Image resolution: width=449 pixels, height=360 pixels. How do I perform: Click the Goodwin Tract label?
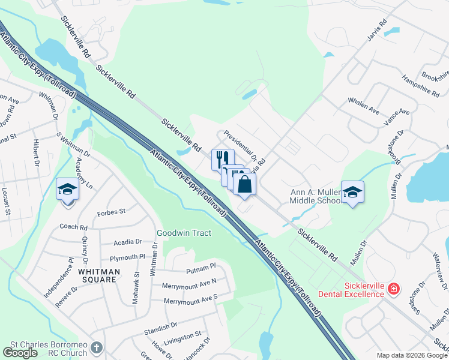pos(184,233)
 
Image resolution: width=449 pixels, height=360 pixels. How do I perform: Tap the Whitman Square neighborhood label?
pos(99,272)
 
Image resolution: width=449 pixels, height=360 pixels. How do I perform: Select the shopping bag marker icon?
pos(245,184)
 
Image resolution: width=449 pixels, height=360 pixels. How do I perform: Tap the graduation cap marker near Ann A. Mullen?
pos(352,192)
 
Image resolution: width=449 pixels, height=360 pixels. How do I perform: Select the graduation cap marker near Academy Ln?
pos(67,190)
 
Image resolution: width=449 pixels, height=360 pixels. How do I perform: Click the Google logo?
pos(20,352)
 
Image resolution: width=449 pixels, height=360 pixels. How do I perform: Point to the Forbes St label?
pos(112,212)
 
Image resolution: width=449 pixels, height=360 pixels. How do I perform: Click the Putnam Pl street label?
pos(200,267)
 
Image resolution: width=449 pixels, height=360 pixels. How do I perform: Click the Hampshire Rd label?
pos(421,86)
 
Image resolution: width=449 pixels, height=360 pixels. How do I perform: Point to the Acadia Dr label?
pos(128,242)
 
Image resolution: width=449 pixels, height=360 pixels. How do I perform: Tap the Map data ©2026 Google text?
pos(412,355)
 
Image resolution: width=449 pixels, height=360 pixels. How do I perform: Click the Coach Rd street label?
pos(73,227)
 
